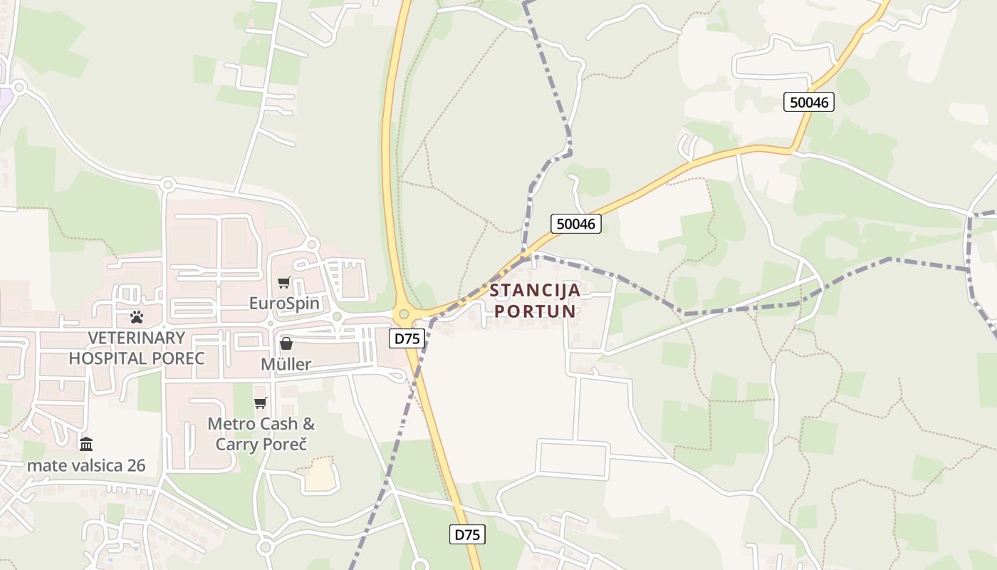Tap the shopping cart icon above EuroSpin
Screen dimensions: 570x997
pyautogui.click(x=284, y=283)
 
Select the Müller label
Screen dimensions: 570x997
pyautogui.click(x=286, y=365)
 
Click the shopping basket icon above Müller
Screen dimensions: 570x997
pyautogui.click(x=286, y=344)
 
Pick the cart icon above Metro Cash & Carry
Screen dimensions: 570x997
pyautogui.click(x=261, y=403)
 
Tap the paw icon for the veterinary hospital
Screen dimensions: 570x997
pyautogui.click(x=137, y=316)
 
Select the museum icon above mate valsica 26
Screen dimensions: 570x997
pyautogui.click(x=86, y=445)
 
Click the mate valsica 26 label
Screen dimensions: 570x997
pyautogui.click(x=86, y=466)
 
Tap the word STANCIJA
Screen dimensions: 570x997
pyautogui.click(x=535, y=291)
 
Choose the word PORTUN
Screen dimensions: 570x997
pyautogui.click(x=535, y=311)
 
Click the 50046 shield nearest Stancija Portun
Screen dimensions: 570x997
pyautogui.click(x=575, y=224)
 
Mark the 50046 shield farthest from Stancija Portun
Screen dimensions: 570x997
pyautogui.click(x=808, y=102)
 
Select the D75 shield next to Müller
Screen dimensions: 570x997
pyautogui.click(x=407, y=338)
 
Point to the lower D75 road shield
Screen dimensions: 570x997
pyautogui.click(x=467, y=534)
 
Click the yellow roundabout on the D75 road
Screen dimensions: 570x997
pyautogui.click(x=404, y=313)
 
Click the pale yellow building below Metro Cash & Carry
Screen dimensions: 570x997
pyautogui.click(x=319, y=476)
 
